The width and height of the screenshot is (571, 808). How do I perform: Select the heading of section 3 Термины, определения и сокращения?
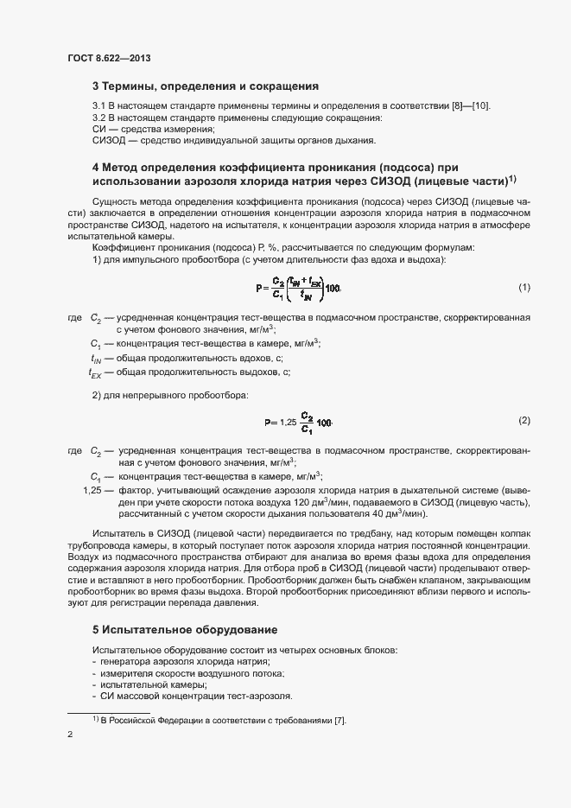pyautogui.click(x=206, y=86)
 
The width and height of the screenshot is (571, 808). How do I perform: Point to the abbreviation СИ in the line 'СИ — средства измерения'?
pyautogui.click(x=98, y=129)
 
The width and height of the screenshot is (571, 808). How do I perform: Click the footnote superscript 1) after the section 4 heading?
pyautogui.click(x=512, y=179)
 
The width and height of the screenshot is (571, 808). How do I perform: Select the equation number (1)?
pyautogui.click(x=523, y=287)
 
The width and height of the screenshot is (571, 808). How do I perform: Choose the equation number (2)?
pyautogui.click(x=523, y=421)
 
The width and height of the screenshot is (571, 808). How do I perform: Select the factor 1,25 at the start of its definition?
pyautogui.click(x=92, y=490)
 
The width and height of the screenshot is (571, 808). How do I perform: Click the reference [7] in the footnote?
pyautogui.click(x=339, y=721)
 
